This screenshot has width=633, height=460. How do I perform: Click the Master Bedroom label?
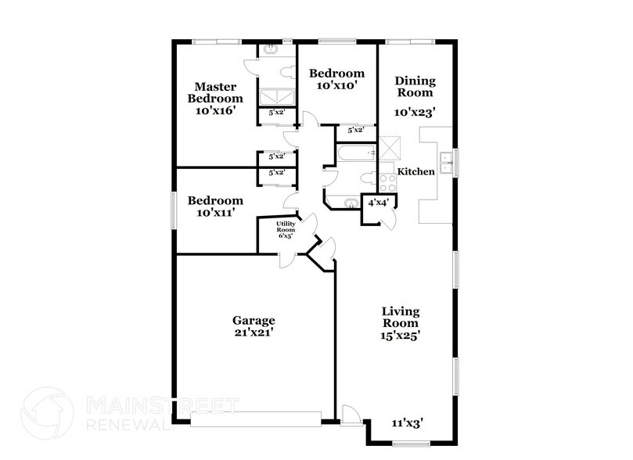coord(215,92)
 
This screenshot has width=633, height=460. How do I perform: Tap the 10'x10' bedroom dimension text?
coord(337,85)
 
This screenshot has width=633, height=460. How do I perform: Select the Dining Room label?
coord(415,87)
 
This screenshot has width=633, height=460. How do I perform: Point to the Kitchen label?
coord(415,171)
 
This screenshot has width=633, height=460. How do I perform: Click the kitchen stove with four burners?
coord(388,183)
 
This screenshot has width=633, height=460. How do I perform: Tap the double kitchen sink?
coord(446,163)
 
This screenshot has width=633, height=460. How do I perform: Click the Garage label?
coord(254,321)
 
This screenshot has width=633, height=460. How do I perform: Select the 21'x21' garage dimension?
coord(254,332)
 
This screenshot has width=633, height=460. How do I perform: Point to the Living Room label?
coord(401,317)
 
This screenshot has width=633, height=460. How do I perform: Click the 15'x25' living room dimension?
coord(401,336)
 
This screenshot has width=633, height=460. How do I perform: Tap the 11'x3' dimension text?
coord(407,423)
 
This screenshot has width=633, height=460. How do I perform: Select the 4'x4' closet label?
coord(378,203)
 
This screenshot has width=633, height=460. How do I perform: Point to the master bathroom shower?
coord(277,97)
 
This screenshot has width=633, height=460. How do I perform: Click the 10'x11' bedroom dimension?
coord(215,212)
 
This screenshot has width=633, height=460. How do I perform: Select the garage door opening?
coord(256,419)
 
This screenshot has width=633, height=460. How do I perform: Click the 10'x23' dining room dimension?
coord(415,112)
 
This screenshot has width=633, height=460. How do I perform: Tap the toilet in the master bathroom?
coord(288,72)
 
